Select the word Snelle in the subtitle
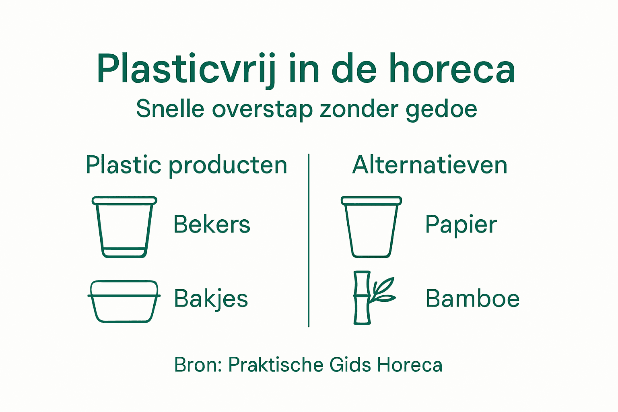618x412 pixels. tap(170, 109)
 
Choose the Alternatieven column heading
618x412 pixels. tap(430, 165)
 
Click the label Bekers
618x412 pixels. tap(212, 225)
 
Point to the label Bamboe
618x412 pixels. tap(472, 299)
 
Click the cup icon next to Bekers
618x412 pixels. tap(124, 227)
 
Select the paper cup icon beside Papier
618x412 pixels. tap(371, 227)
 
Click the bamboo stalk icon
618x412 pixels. tap(362, 298)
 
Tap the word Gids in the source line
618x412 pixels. tap(350, 365)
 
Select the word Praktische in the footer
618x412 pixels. tap(275, 365)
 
